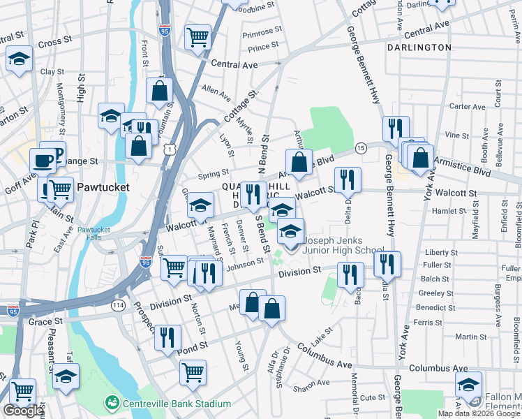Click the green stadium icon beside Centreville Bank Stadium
(111, 404)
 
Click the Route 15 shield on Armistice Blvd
(361, 147)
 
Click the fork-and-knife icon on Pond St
(167, 338)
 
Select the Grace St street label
(45, 322)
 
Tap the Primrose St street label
(262, 33)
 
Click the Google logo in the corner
(23, 411)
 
